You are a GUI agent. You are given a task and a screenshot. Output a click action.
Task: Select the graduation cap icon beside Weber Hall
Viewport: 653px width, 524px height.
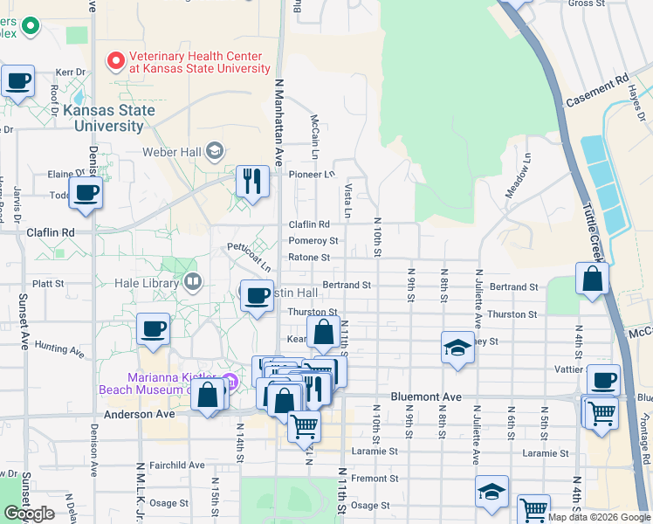pos(215,152)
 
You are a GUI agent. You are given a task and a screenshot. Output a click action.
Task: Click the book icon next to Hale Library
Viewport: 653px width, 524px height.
pos(192,283)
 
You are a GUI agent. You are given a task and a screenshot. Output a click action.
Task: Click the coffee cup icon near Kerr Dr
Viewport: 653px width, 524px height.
pos(17,82)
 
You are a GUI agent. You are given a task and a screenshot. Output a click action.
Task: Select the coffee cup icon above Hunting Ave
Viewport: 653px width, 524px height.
pos(153,328)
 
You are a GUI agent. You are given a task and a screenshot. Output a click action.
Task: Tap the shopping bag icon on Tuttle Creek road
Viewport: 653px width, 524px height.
pos(592,279)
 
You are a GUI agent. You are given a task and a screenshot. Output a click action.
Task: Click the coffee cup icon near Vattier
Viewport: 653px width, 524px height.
pos(603,381)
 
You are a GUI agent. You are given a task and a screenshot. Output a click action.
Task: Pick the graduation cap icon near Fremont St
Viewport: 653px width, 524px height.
pos(491,492)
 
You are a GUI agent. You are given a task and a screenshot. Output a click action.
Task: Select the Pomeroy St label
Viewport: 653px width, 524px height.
pos(313,240)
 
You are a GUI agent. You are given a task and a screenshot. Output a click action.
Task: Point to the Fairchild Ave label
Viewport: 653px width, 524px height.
pos(176,465)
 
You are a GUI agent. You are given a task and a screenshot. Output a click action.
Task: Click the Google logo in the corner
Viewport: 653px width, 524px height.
pos(30,514)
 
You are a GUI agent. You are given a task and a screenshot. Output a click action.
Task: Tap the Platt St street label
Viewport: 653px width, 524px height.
pos(48,284)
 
